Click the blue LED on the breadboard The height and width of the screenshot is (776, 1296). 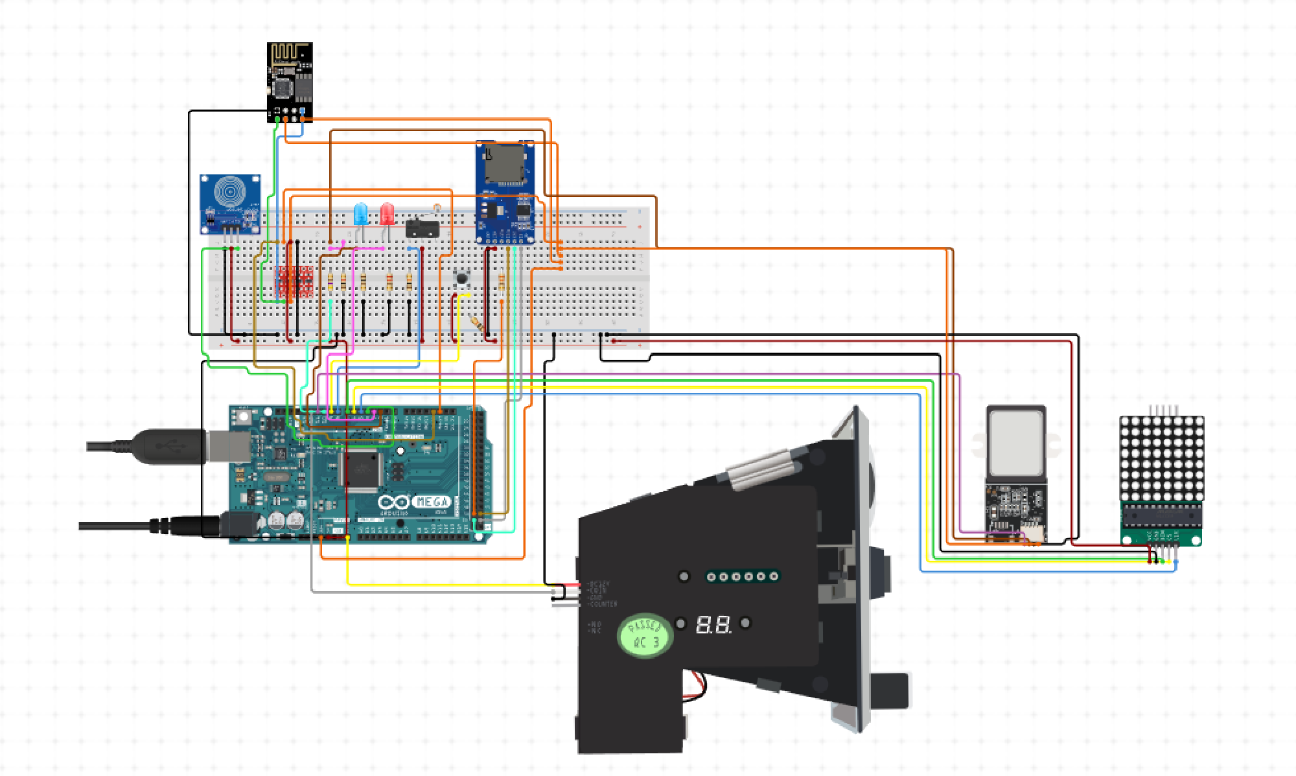[x=360, y=213]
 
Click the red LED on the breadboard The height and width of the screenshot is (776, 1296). [x=387, y=213]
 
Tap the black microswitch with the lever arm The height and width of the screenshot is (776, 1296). [x=422, y=228]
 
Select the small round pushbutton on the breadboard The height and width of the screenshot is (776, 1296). [x=461, y=278]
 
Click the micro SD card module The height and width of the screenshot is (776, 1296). [x=505, y=192]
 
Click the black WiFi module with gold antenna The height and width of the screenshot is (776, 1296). [x=290, y=81]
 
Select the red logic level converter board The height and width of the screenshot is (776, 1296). [x=294, y=281]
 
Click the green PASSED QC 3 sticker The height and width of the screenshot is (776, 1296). [x=645, y=635]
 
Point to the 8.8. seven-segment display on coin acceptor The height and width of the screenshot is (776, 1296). [x=713, y=625]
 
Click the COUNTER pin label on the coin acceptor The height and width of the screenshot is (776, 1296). [x=603, y=604]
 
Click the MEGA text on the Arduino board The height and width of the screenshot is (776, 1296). [x=432, y=501]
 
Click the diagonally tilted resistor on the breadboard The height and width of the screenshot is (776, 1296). [x=476, y=323]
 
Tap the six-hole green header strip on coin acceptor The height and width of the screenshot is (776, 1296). [x=742, y=576]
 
